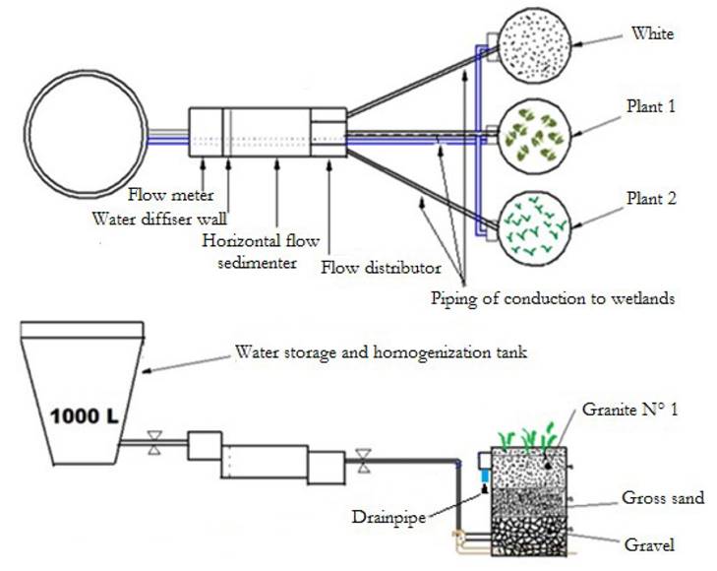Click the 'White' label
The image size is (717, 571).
click(x=653, y=34)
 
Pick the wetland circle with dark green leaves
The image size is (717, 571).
click(x=535, y=134)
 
